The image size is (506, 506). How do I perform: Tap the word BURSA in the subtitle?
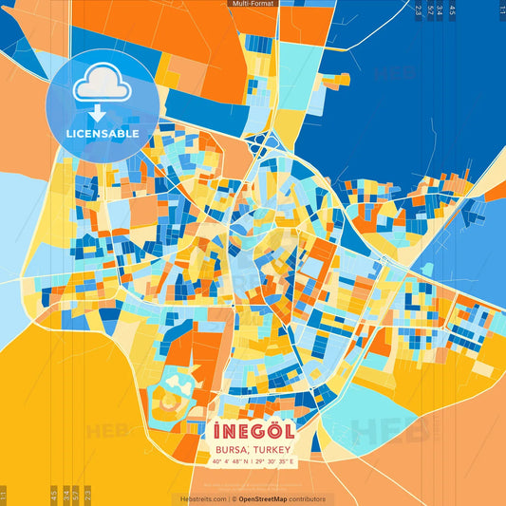pyautogui.click(x=232, y=447)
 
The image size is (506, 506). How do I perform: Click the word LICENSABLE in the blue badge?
pyautogui.click(x=103, y=134)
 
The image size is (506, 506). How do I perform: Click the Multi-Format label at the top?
pyautogui.click(x=253, y=5)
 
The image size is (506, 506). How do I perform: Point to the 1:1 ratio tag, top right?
pyautogui.click(x=501, y=10)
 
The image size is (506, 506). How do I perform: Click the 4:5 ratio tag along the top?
pyautogui.click(x=453, y=11)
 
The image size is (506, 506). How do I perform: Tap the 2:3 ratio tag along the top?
pyautogui.click(x=419, y=11)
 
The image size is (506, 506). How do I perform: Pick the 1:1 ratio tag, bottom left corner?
pyautogui.click(x=4, y=495)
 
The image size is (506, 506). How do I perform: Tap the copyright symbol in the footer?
pyautogui.click(x=234, y=499)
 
